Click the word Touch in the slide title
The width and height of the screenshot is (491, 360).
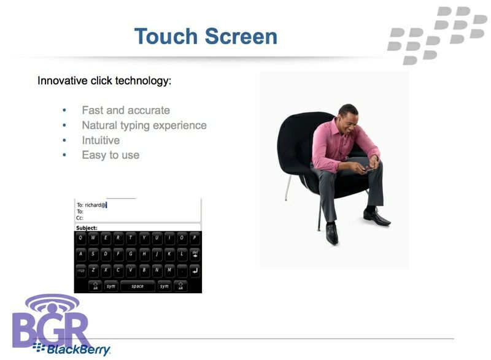pyautogui.click(x=165, y=36)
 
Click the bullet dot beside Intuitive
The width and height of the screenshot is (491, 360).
pyautogui.click(x=64, y=140)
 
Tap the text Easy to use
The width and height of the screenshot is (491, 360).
pyautogui.click(x=110, y=155)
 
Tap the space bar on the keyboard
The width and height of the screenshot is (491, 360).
pyautogui.click(x=137, y=286)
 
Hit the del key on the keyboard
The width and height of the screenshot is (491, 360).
pyautogui.click(x=195, y=254)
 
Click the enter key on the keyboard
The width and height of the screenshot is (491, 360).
pyautogui.click(x=195, y=270)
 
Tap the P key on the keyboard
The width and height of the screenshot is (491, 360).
pyautogui.click(x=195, y=238)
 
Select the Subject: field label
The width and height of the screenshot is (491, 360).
pyautogui.click(x=87, y=228)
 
